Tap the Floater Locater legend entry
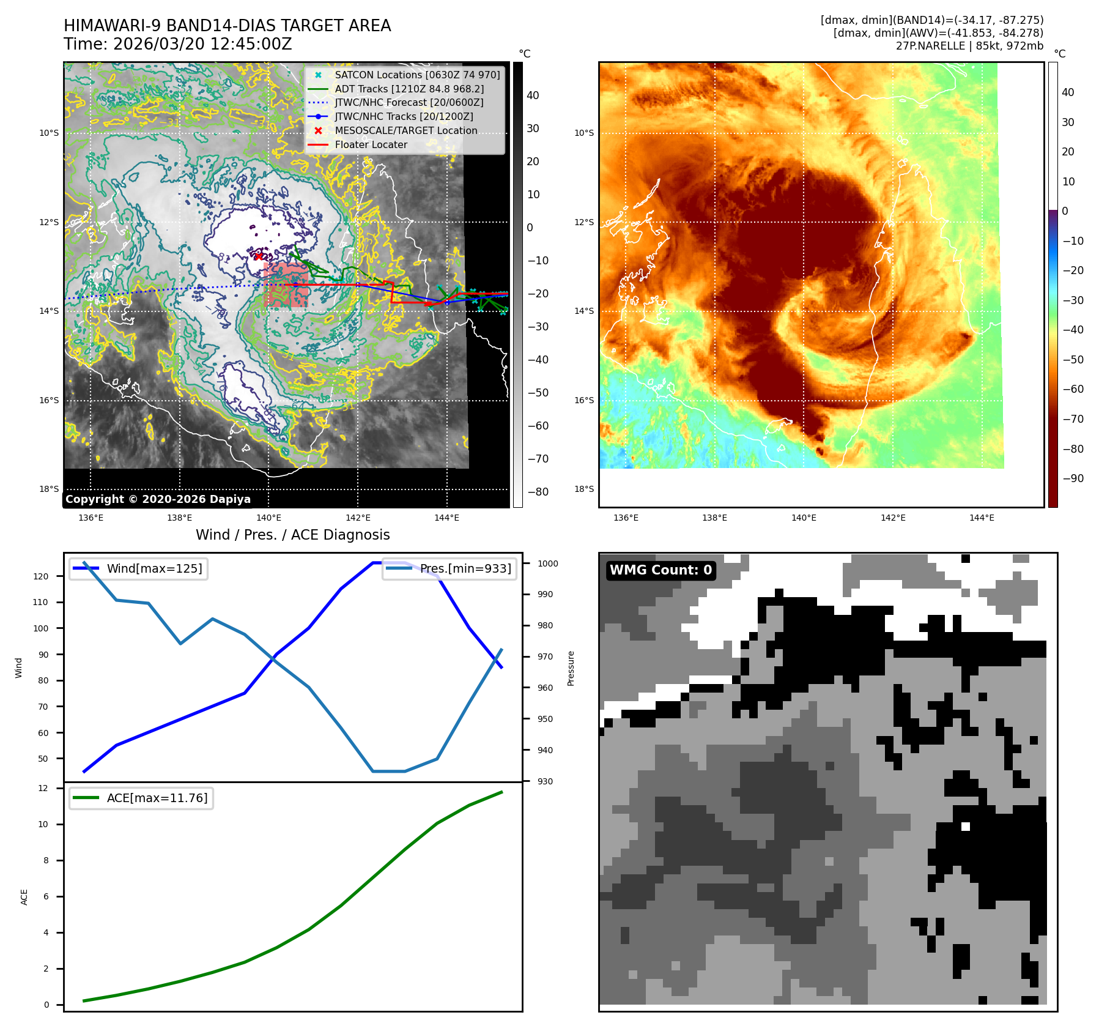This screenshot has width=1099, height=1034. (x=371, y=145)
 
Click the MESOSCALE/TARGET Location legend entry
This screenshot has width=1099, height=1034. (x=405, y=131)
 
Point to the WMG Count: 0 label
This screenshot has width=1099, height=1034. (x=661, y=570)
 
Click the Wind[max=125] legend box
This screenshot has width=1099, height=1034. (x=138, y=569)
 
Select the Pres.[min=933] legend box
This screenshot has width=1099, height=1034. (x=450, y=569)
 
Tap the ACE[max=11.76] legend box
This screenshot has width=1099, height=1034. (x=141, y=798)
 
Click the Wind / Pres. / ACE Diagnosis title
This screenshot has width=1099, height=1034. (x=292, y=535)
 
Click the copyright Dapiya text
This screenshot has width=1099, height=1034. (x=158, y=499)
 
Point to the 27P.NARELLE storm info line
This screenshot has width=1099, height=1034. (x=969, y=46)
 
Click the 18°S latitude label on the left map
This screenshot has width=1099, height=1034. (x=49, y=489)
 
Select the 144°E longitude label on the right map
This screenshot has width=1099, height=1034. (x=982, y=518)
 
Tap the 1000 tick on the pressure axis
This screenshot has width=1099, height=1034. (x=547, y=563)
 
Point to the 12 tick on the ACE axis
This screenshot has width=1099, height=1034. (x=43, y=788)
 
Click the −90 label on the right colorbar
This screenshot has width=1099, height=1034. (x=1073, y=478)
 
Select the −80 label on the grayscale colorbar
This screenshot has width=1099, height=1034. (x=538, y=492)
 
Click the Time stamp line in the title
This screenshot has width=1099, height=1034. (x=178, y=45)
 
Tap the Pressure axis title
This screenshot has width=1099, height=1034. (x=571, y=668)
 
